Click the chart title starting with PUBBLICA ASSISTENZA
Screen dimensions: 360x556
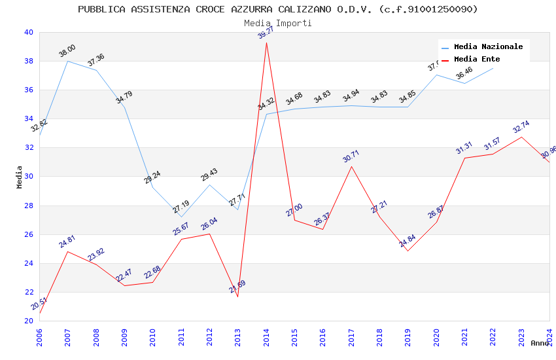point(278,9)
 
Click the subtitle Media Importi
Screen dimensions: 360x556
point(278,23)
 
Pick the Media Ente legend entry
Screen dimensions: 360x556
point(477,59)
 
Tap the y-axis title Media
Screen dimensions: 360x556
point(20,177)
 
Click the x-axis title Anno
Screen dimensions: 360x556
point(540,343)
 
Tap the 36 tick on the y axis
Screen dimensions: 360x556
point(27,90)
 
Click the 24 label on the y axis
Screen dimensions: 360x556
point(27,263)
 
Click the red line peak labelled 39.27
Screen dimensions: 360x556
point(266,43)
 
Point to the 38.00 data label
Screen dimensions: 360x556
point(67,50)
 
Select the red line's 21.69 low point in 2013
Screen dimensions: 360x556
point(237,297)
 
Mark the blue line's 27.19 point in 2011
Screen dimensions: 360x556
point(181,217)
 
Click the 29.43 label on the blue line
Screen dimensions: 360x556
point(209,175)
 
